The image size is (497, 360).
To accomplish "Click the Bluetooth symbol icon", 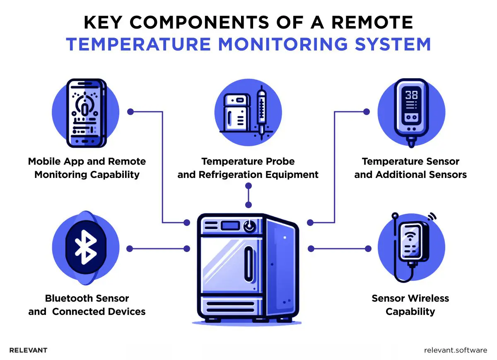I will tap(86, 248).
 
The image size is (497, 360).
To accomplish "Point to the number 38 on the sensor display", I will tap(411, 95).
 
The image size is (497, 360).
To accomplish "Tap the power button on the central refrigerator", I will tap(249, 226).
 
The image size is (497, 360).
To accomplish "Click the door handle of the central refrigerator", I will tap(248, 264).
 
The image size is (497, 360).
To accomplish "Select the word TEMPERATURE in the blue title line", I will tap(139, 44).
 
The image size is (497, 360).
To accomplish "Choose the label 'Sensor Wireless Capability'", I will tap(410, 305).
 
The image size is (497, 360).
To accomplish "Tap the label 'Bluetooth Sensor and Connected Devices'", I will tap(87, 305).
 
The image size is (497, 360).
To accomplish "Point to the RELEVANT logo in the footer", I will tap(28, 350).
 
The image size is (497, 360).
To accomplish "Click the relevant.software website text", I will tap(456, 350).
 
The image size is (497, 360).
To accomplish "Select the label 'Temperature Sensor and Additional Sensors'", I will tap(410, 168).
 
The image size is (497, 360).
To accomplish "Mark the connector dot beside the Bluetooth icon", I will tap(130, 249).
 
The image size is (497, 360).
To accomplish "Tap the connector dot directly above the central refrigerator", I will tap(248, 205).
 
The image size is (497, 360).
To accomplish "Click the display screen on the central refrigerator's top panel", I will tap(229, 226).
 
